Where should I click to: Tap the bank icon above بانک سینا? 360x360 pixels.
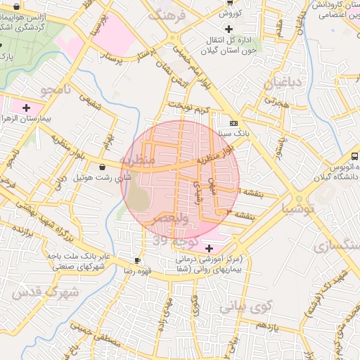point(233,123)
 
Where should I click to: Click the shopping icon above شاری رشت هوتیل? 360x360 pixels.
point(104,167)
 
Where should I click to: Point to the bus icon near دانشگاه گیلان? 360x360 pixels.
point(354,156)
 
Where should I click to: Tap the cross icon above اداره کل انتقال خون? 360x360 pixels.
point(229,29)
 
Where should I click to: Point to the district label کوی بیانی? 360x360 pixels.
point(245,307)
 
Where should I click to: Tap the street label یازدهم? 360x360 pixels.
point(267,327)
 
